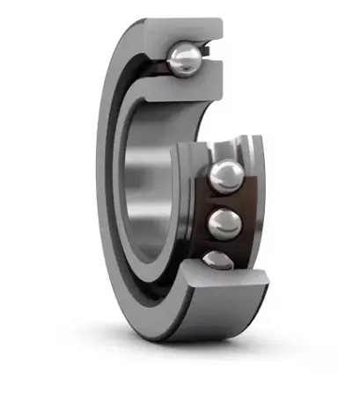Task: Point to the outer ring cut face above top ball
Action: click(x=189, y=30)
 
